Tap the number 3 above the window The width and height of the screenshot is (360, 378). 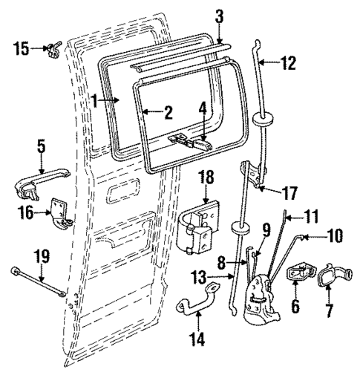tap(220, 16)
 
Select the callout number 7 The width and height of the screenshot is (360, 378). tap(327, 306)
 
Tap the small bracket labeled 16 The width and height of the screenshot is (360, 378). tap(59, 214)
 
